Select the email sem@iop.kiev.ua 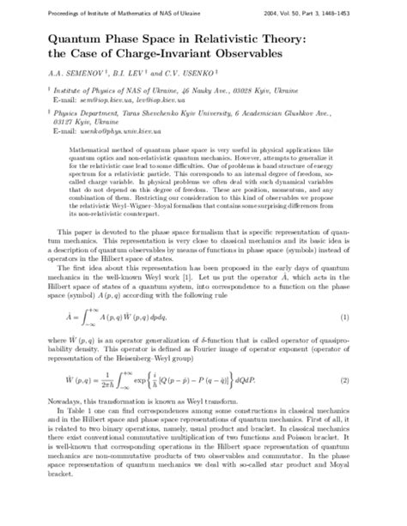[100, 109]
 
